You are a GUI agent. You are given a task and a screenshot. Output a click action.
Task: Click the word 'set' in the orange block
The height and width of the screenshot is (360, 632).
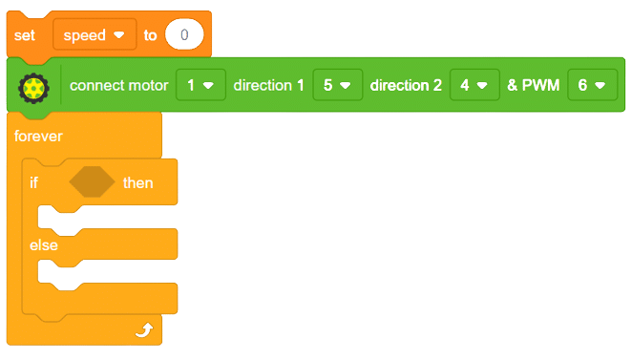pos(25,35)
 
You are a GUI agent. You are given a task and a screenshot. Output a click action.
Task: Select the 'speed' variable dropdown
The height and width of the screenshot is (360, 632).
pos(94,35)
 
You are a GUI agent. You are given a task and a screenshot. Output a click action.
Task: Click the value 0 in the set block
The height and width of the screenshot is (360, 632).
pos(184,35)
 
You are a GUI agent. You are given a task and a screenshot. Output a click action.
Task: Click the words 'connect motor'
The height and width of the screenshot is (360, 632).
pos(118,86)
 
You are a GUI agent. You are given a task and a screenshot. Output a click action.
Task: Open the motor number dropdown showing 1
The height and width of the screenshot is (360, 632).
pos(200,86)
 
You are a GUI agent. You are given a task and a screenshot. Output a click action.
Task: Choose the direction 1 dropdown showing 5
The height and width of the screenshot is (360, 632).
pos(337,86)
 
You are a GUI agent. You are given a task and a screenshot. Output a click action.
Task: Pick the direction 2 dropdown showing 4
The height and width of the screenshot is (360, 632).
pos(474,86)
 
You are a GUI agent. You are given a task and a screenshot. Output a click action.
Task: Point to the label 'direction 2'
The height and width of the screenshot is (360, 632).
pos(406,86)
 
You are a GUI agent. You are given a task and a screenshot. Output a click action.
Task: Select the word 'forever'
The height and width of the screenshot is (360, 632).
pos(38,137)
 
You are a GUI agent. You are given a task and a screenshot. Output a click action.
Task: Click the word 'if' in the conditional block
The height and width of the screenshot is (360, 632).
pos(34,182)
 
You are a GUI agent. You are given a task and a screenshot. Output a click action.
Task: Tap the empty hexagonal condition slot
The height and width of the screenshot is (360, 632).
pos(92,182)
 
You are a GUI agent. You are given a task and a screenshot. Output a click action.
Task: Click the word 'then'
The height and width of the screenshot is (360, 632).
pos(137,182)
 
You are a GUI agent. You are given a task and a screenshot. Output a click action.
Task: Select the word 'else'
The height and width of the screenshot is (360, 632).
pos(44,245)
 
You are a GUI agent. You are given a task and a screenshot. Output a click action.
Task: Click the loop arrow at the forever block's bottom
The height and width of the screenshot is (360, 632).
pos(144,329)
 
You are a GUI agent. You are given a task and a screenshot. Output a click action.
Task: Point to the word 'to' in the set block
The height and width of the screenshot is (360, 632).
pos(150,35)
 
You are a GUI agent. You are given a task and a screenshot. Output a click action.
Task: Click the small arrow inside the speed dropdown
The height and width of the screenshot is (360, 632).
pos(119,36)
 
